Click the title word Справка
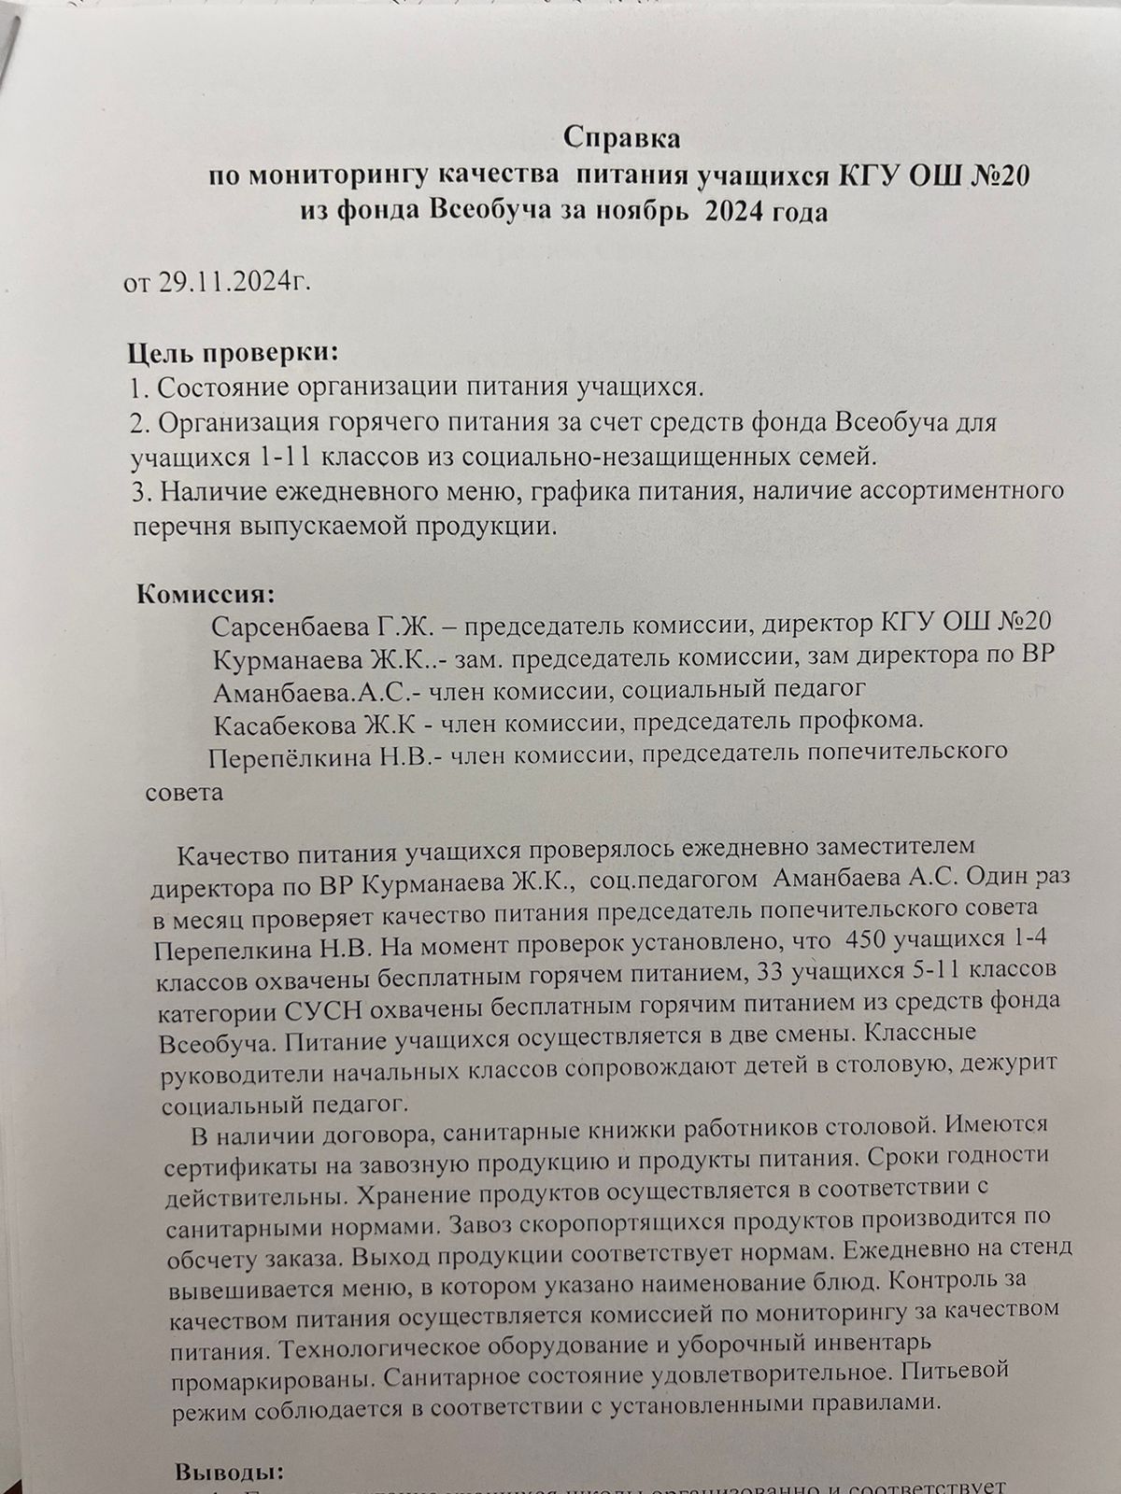tap(623, 139)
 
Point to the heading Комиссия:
tap(206, 595)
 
